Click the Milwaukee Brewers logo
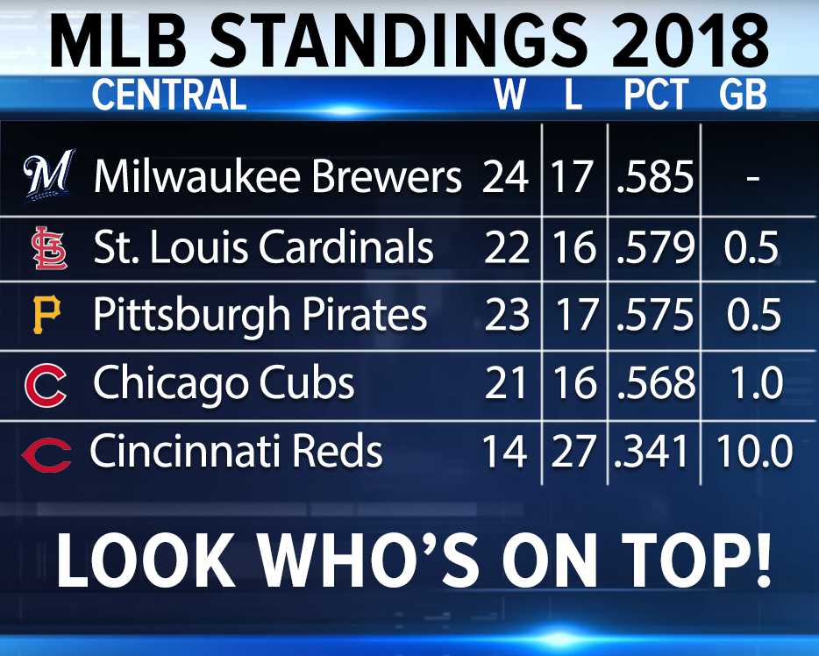tap(48, 175)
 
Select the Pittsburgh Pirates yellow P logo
tap(47, 315)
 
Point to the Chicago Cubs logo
tap(46, 385)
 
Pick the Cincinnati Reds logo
tap(46, 455)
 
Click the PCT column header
tap(657, 95)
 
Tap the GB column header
tap(743, 95)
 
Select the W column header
tap(509, 95)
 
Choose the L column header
tap(573, 95)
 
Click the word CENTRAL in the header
tap(168, 95)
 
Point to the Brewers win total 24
tap(505, 176)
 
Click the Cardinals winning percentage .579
tap(656, 246)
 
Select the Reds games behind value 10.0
tap(754, 451)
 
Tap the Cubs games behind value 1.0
tap(757, 383)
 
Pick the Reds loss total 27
tap(573, 451)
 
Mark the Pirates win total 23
tap(507, 315)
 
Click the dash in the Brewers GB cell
tap(752, 179)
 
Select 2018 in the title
tap(690, 40)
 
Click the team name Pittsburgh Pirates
tap(260, 316)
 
